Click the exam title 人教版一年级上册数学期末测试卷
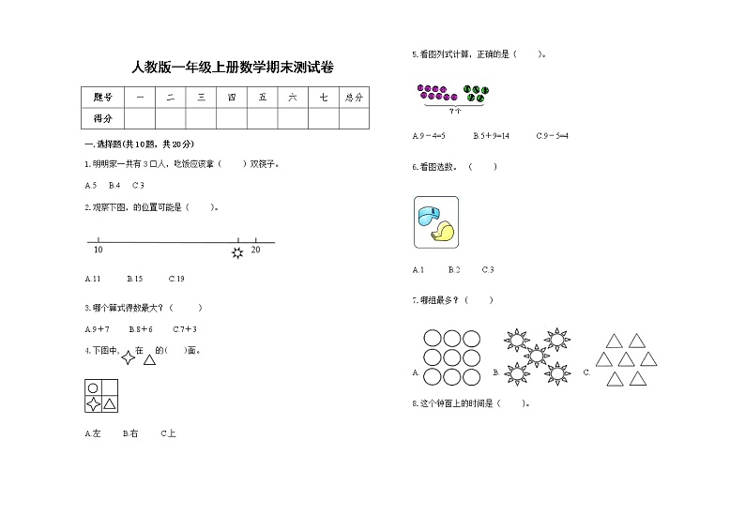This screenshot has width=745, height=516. pyautogui.click(x=233, y=67)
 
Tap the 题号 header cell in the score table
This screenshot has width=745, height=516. pyautogui.click(x=103, y=97)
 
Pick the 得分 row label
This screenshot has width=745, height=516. pyautogui.click(x=103, y=118)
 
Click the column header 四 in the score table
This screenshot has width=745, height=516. pyautogui.click(x=231, y=97)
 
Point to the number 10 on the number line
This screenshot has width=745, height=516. pyautogui.click(x=99, y=250)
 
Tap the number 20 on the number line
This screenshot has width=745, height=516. pyautogui.click(x=256, y=249)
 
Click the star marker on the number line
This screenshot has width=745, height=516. pyautogui.click(x=237, y=253)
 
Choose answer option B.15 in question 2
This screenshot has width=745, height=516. pyautogui.click(x=135, y=279)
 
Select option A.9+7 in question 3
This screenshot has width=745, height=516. pyautogui.click(x=98, y=329)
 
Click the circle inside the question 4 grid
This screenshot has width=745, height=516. pyautogui.click(x=93, y=387)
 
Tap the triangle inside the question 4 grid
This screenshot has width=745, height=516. pyautogui.click(x=110, y=404)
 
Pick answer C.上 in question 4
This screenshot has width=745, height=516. pyautogui.click(x=168, y=433)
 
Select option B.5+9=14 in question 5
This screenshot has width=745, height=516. pyautogui.click(x=491, y=136)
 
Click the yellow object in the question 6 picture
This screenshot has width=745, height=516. pyautogui.click(x=443, y=233)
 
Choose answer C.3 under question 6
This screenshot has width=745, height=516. pyautogui.click(x=488, y=270)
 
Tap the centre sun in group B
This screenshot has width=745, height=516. pyautogui.click(x=536, y=355)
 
